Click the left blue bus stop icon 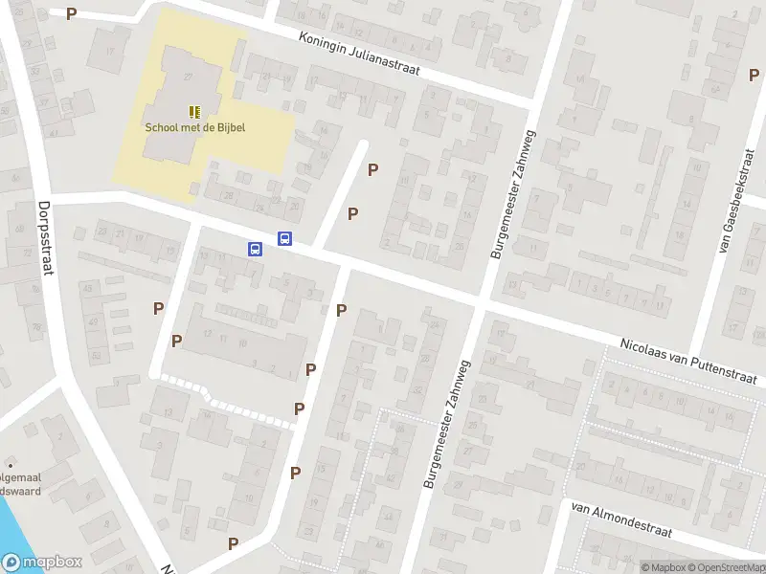(x=256, y=250)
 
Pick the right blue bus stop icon (x=284, y=239)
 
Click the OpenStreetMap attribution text (x=725, y=567)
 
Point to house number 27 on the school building (x=188, y=77)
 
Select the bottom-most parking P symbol (x=233, y=543)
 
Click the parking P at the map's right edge (x=753, y=75)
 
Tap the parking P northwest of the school (x=71, y=14)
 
